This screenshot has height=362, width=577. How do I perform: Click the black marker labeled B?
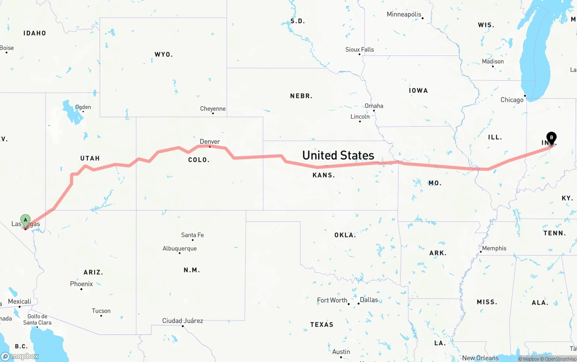point(551,137)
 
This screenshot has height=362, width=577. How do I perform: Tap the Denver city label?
point(210,142)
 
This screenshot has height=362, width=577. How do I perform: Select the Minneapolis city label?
point(404,14)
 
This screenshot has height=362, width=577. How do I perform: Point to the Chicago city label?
point(512,100)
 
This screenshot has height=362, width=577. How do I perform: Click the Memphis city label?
point(494,248)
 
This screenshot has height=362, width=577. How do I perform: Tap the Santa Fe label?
point(192,235)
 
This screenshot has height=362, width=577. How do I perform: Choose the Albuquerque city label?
point(179,248)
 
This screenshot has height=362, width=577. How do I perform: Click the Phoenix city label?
point(81,284)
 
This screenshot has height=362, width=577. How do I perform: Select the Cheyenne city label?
point(213,109)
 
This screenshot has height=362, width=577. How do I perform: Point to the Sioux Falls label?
point(360,50)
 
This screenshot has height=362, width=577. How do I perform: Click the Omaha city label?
point(374,106)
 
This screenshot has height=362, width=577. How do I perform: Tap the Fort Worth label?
point(332,300)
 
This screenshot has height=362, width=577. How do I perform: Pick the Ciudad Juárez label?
point(183,321)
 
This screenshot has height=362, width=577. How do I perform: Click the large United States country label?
point(338,156)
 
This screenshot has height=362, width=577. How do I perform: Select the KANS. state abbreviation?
point(324,175)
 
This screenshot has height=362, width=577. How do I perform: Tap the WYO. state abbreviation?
point(164,55)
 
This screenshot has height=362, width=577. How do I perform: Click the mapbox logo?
point(20,356)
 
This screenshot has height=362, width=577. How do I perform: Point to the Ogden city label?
point(83,107)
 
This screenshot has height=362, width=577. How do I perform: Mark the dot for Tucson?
point(101,316)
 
